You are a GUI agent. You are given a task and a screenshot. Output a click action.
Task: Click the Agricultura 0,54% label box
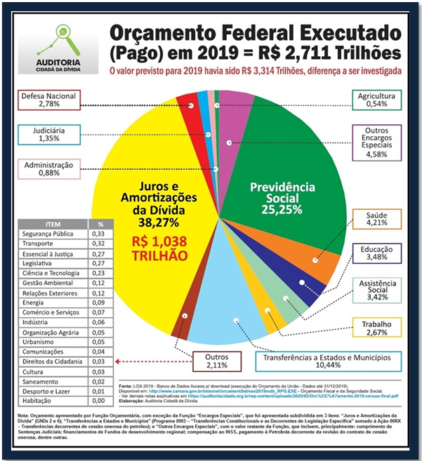(376, 100)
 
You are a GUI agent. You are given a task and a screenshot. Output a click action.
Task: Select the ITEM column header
(53, 222)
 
